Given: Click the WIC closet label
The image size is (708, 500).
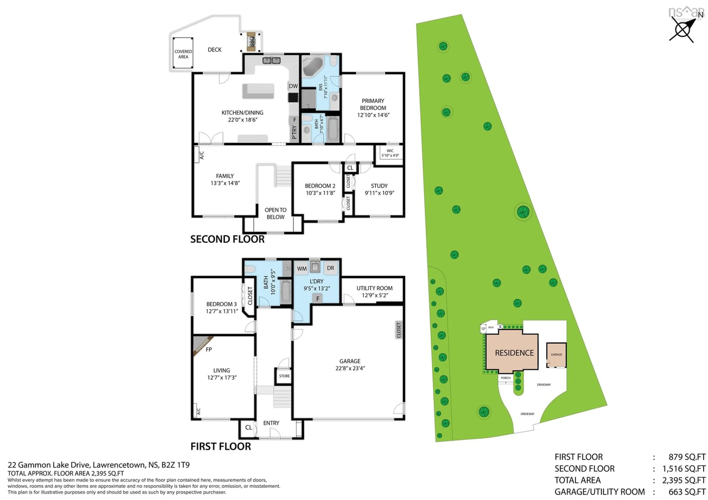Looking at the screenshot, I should coord(390,151).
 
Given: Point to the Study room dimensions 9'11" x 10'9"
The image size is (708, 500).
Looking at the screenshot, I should coord(379,193).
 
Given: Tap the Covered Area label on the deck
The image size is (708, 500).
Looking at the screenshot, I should coord(183,54).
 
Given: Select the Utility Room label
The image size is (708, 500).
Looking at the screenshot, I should coord(374,288).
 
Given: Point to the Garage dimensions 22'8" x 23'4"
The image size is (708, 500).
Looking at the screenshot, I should coord(350,368).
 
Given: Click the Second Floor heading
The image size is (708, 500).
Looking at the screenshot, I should coord(227,239).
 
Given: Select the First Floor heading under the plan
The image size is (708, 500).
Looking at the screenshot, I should coord(221,446).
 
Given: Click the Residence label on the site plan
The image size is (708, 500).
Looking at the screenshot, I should coord(514,353).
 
